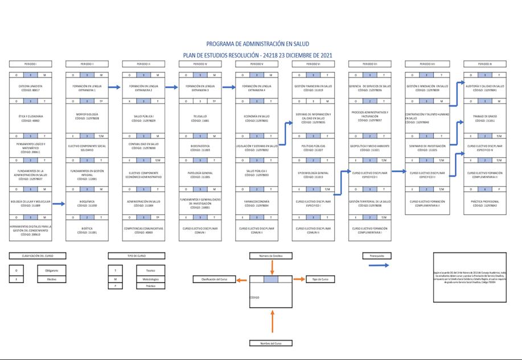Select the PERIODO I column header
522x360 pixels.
tap(31, 64)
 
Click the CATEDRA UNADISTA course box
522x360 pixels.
tap(31, 88)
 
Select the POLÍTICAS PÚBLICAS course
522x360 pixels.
tap(314, 147)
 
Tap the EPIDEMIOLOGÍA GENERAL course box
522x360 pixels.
tap(314, 174)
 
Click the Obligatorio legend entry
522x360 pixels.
tap(48, 270)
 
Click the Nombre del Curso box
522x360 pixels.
tap(271, 343)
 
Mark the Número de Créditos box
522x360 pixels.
tap(271, 256)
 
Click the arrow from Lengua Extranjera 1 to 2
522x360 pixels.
tap(114, 87)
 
